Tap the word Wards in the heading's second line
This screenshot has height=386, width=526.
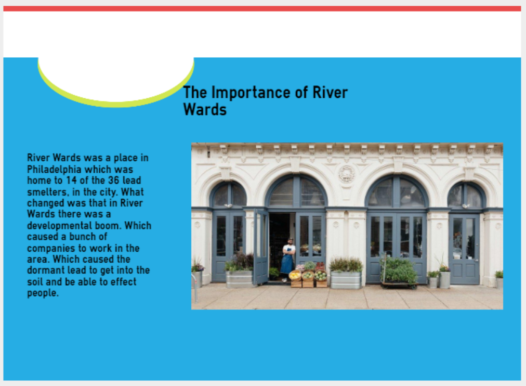point(205,109)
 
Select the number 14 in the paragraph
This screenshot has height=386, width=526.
point(71,180)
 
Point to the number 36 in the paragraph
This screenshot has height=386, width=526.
point(114,180)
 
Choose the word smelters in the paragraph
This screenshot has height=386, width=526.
point(48,192)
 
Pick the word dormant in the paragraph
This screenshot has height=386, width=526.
point(46,270)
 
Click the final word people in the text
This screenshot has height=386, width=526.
point(43,293)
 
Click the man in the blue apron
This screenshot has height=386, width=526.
point(288,260)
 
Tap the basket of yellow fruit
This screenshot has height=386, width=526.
point(295,276)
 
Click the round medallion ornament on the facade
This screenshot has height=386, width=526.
point(347,174)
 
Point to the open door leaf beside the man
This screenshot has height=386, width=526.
point(260,247)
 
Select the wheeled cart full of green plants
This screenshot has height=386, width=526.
point(399,272)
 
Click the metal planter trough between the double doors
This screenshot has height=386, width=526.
point(346,280)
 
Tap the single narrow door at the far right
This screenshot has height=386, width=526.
point(464,249)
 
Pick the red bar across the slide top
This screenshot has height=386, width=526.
point(262,8)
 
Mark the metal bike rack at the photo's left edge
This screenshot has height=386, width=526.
point(194,288)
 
